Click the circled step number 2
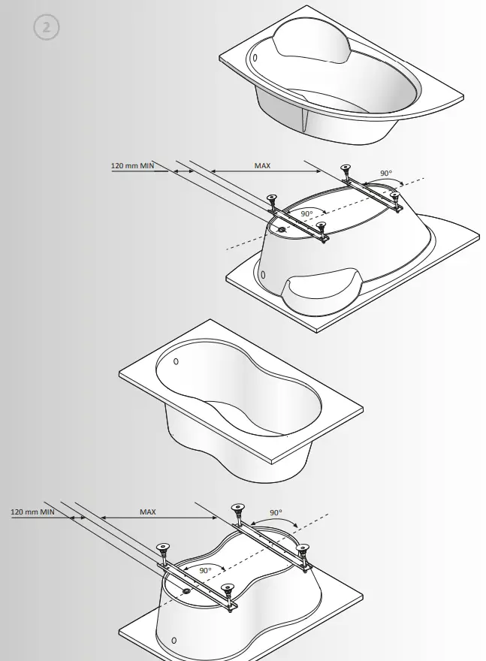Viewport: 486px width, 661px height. coord(46,27)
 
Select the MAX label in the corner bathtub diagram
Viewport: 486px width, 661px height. coord(262,164)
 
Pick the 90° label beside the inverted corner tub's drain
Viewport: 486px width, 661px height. coord(306,213)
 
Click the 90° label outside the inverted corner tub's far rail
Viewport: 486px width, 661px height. coord(386,174)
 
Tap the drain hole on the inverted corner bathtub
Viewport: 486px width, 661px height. coord(282,229)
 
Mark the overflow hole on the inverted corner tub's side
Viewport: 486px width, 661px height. coord(262,276)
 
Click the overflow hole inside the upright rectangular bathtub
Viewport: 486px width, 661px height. coord(177,361)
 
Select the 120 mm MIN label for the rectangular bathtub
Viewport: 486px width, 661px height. coord(32,512)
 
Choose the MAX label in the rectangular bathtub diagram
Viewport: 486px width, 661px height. coord(148,512)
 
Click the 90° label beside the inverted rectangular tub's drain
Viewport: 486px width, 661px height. coord(205,570)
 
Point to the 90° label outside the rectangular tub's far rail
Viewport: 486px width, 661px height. coord(276,513)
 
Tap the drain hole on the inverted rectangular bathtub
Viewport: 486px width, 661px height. coord(186,591)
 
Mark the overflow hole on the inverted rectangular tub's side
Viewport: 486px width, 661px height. coord(174,640)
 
